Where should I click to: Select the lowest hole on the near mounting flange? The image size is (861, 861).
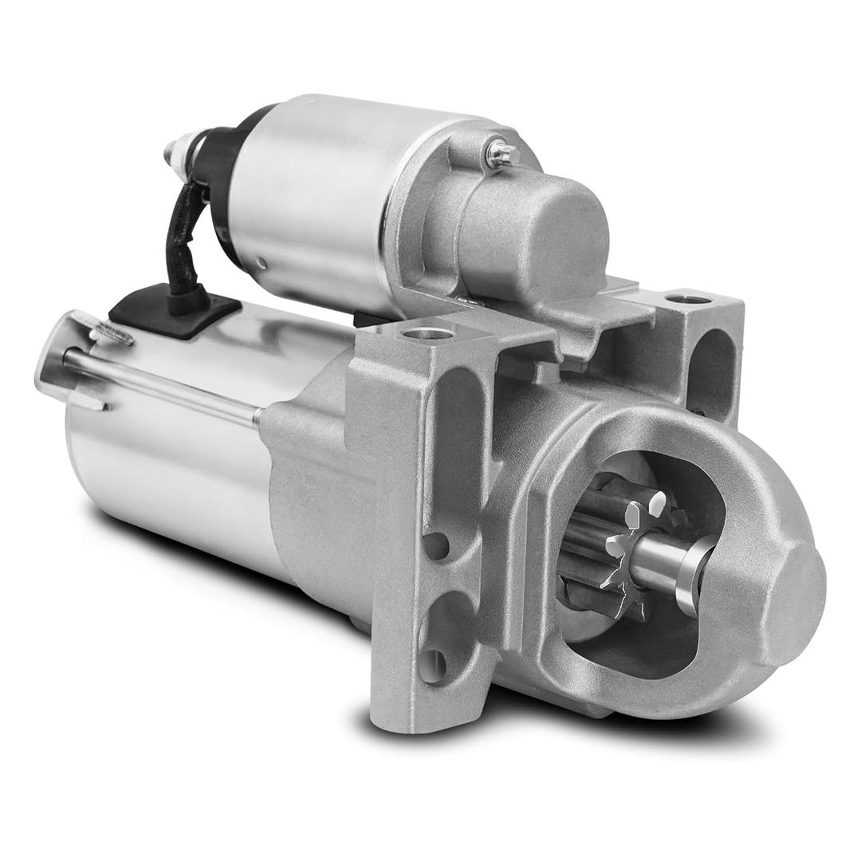coord(434,665)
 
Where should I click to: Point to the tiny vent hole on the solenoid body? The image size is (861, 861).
coord(261,263)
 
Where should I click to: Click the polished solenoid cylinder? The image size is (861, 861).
coord(319,199)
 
